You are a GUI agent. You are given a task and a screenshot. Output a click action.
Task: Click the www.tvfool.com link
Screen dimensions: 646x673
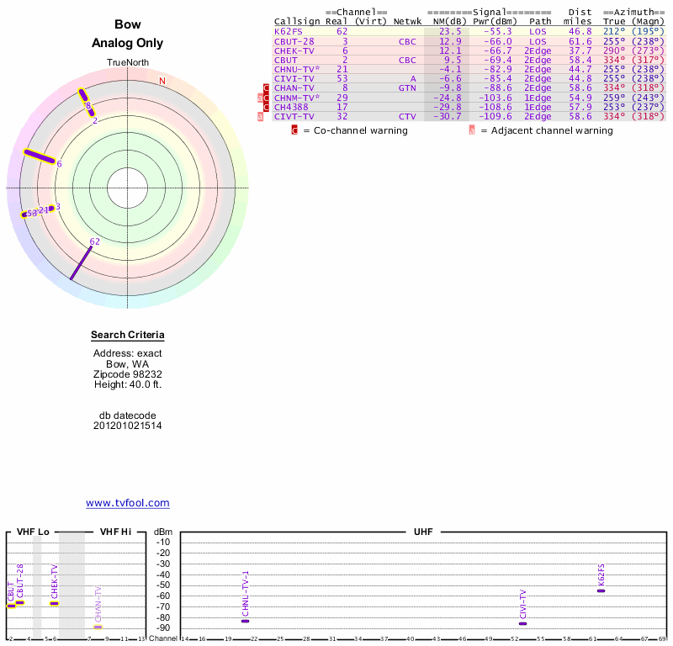click(x=128, y=503)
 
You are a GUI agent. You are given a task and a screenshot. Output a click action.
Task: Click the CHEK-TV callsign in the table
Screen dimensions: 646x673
click(x=294, y=50)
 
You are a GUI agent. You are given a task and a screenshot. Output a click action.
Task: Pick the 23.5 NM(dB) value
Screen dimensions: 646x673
click(x=450, y=31)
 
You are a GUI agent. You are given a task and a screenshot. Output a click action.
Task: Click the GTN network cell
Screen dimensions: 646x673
click(x=407, y=87)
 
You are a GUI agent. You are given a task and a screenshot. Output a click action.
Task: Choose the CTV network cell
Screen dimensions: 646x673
click(x=407, y=116)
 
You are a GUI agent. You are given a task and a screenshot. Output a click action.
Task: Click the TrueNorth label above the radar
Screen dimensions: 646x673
click(x=127, y=64)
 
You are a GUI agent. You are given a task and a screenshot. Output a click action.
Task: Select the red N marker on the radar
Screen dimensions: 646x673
click(x=162, y=81)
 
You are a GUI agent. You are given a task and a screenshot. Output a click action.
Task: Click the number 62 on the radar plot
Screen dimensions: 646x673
click(x=94, y=241)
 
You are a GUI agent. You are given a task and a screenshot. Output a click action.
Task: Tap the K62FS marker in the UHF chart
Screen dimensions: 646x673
click(x=601, y=590)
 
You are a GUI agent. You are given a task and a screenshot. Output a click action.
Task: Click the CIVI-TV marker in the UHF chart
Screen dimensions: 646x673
click(x=522, y=623)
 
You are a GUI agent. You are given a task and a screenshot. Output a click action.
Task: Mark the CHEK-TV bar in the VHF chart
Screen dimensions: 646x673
click(x=54, y=603)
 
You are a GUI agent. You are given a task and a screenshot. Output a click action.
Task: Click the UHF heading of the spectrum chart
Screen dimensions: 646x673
click(x=423, y=532)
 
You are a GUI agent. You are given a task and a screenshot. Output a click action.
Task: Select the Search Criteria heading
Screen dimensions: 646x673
click(x=128, y=336)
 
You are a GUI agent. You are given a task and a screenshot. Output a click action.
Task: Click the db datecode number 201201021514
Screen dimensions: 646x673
click(x=128, y=426)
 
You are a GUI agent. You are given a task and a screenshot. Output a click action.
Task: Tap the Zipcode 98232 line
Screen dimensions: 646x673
click(x=128, y=373)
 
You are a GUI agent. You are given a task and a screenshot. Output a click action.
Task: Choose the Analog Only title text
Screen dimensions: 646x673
click(x=128, y=44)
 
